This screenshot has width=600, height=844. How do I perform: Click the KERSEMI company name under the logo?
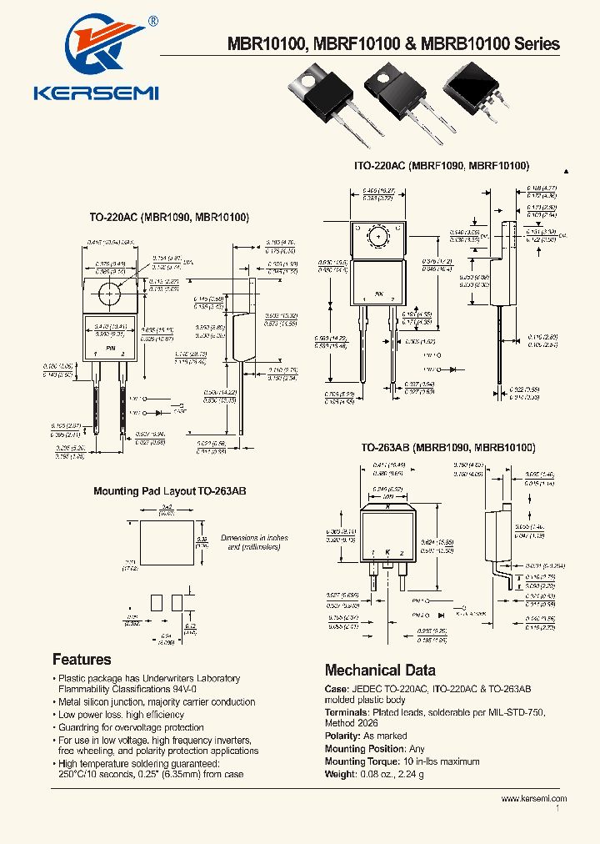pyautogui.click(x=97, y=93)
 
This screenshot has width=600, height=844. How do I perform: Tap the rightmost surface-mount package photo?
pyautogui.click(x=473, y=90)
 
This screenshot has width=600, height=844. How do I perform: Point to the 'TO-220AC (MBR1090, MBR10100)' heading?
pyautogui.click(x=169, y=218)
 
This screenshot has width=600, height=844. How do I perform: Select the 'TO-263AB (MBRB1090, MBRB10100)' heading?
pyautogui.click(x=447, y=448)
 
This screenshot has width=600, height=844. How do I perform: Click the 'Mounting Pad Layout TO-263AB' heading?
pyautogui.click(x=169, y=492)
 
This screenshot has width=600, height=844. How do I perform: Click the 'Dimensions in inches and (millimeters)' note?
pyautogui.click(x=255, y=542)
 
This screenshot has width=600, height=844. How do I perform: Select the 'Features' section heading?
pyautogui.click(x=82, y=659)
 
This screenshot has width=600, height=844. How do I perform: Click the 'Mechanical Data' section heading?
pyautogui.click(x=379, y=670)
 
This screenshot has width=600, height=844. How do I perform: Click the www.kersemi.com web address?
pyautogui.click(x=533, y=798)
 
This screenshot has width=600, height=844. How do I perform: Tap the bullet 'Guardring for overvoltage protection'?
pyautogui.click(x=130, y=727)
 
